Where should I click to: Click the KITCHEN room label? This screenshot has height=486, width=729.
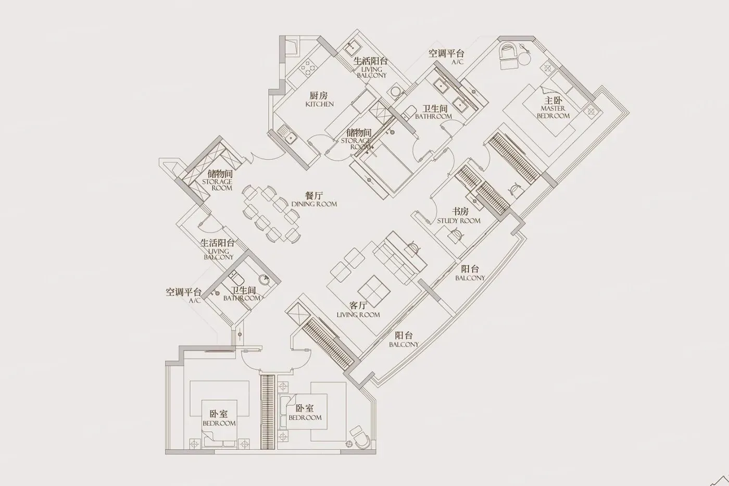(x=320, y=104)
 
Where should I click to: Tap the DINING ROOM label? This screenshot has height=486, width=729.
(x=314, y=204)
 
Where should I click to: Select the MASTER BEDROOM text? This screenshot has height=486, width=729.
(x=553, y=112)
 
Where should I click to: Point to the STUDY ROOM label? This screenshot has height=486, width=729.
(x=459, y=221)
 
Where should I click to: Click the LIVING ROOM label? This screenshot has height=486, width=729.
(x=358, y=315)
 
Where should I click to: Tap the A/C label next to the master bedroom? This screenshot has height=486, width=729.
(x=457, y=62)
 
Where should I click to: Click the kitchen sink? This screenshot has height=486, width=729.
(x=287, y=134)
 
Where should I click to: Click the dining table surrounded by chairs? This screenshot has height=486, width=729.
(x=271, y=214)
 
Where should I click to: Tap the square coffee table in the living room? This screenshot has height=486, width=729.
(x=374, y=291)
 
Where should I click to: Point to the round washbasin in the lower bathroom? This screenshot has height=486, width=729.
(x=265, y=280)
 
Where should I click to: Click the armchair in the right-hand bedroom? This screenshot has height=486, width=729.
(x=360, y=437)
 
